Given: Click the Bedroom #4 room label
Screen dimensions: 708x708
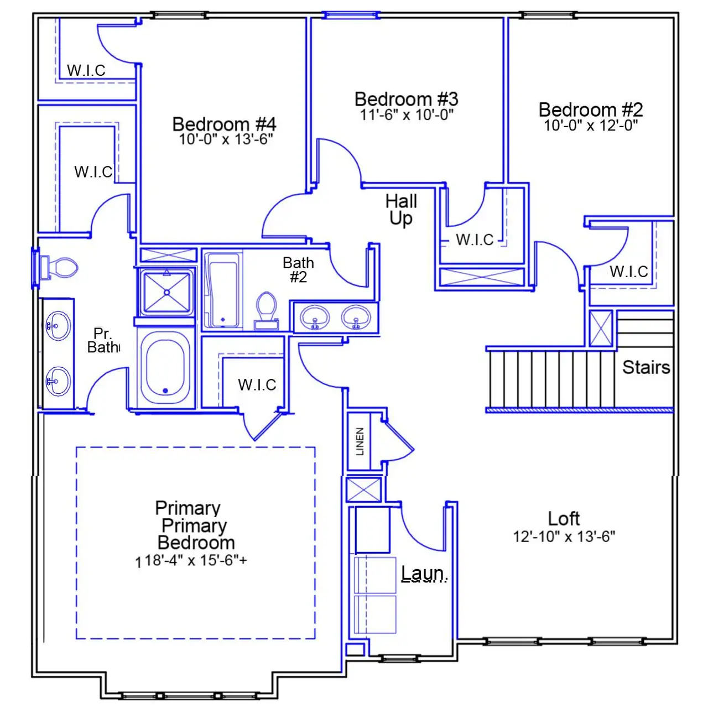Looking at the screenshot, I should (x=224, y=124).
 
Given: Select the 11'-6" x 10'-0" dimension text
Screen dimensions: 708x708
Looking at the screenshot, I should (x=407, y=115).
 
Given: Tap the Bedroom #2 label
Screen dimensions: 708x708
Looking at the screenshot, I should (x=591, y=110).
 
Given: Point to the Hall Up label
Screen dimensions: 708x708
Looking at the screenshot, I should (x=401, y=210).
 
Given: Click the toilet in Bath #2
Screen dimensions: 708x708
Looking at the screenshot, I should (x=267, y=310).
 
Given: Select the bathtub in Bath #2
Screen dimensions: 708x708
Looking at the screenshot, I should (x=223, y=290).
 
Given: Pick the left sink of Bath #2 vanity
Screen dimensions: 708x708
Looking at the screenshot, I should (x=315, y=317).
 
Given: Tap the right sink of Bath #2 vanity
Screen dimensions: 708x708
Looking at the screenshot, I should (x=356, y=317).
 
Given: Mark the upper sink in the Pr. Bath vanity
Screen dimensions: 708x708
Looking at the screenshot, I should (x=57, y=325).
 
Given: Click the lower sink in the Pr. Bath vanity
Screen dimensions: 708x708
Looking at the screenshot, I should (x=57, y=381).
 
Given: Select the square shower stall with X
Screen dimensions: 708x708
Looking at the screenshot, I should (x=166, y=291).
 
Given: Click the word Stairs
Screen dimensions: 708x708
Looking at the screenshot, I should (x=645, y=367).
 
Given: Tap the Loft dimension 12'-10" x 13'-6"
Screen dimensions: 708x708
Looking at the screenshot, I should (x=564, y=537).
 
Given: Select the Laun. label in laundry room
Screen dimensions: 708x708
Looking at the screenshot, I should (x=424, y=573).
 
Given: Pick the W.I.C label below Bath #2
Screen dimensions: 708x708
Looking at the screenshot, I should (x=257, y=385).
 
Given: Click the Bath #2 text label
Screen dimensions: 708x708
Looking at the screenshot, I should (x=298, y=269).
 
